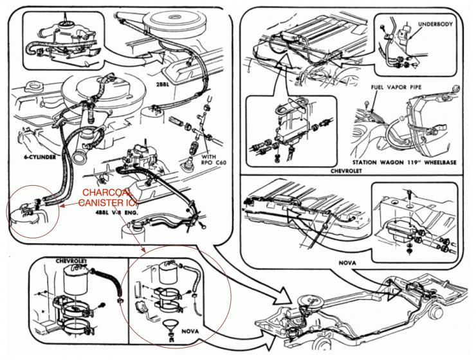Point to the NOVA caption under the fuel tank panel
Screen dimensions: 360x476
click(345, 263)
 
